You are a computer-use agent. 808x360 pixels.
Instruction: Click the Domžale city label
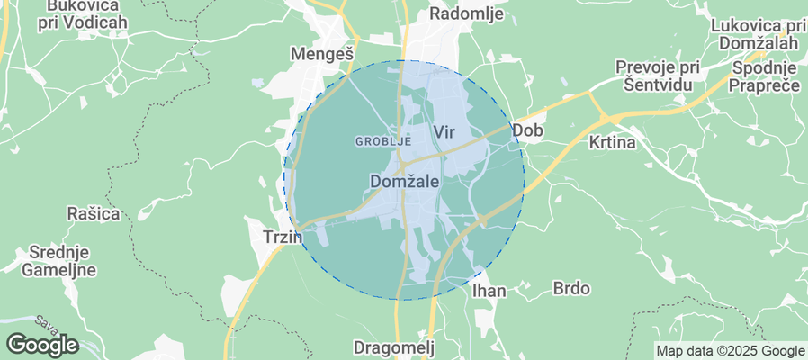(x=404, y=182)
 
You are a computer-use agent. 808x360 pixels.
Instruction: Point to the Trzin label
(x=268, y=236)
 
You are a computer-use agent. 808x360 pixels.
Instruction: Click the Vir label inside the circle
(x=444, y=132)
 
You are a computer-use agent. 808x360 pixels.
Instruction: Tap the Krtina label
(x=612, y=142)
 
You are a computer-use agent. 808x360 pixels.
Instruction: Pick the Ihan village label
(x=489, y=291)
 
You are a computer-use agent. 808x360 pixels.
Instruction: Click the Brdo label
(x=571, y=289)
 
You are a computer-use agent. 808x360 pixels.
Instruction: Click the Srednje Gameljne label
(x=58, y=261)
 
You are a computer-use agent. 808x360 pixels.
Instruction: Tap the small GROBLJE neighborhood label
(x=383, y=141)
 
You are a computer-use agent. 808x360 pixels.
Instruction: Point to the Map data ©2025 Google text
(x=730, y=351)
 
